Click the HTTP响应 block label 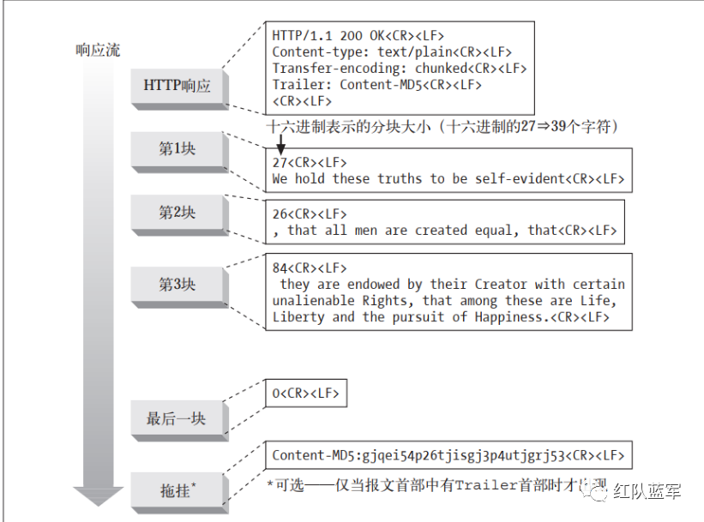click(177, 87)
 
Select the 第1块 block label click(178, 149)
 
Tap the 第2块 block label click(178, 213)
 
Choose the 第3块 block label click(178, 285)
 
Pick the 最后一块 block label click(177, 419)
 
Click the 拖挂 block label click(177, 490)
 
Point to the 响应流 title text click(97, 50)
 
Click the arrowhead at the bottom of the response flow click(97, 496)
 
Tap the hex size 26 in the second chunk click(280, 213)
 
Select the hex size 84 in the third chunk click(280, 268)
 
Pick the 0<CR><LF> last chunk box click(306, 393)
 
